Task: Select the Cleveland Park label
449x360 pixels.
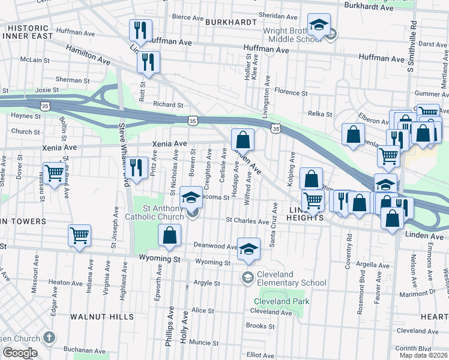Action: (280, 301)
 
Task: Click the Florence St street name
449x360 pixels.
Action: (291, 93)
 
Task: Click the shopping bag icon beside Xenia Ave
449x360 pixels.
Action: (243, 140)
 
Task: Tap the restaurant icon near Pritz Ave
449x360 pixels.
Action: (139, 167)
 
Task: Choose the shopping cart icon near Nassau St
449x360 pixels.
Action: (54, 173)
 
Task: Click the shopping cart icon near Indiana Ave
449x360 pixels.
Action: (79, 235)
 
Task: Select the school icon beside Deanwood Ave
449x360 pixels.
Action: (247, 249)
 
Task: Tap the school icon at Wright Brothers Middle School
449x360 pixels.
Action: (319, 25)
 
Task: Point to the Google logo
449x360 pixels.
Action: (20, 353)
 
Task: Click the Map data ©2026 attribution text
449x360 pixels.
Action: (423, 355)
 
